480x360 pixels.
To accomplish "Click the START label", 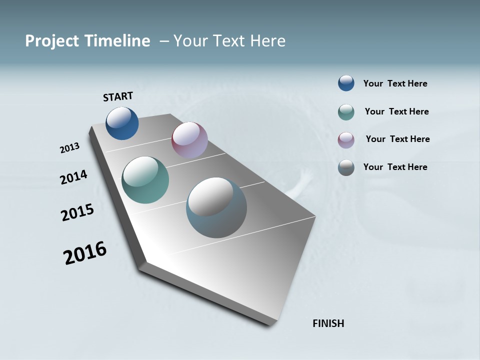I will (x=118, y=96).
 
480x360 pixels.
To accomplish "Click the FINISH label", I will (x=328, y=323).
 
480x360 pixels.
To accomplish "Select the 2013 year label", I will (x=70, y=148).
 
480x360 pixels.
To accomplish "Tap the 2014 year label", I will (x=74, y=177).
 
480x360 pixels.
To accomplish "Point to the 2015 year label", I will (x=77, y=212).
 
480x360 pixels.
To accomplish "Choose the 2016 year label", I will (x=85, y=253).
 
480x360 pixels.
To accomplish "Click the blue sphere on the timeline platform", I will (x=122, y=123).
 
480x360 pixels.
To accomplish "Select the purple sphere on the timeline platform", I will (x=189, y=140).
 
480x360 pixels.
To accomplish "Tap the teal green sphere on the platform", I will (x=145, y=180).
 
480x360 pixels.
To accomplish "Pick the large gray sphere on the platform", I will (x=216, y=207).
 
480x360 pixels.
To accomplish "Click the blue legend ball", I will (x=346, y=83).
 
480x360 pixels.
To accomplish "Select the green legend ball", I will (x=346, y=112).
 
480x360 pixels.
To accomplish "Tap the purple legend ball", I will (x=346, y=139).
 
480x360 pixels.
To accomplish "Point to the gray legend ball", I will (x=346, y=167).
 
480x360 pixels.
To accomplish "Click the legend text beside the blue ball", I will (x=395, y=83).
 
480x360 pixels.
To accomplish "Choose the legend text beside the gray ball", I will (x=395, y=167).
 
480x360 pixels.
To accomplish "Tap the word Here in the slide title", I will (x=267, y=41).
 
